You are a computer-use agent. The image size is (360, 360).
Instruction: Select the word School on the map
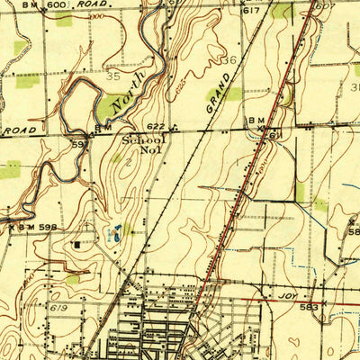(144, 140)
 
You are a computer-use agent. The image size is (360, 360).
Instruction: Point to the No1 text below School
(149, 150)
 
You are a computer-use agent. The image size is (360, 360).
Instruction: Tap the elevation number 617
(251, 10)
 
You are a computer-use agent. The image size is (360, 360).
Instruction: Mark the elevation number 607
(325, 7)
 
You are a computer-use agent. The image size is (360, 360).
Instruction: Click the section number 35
(113, 78)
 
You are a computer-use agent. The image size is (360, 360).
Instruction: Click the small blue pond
(113, 232)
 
